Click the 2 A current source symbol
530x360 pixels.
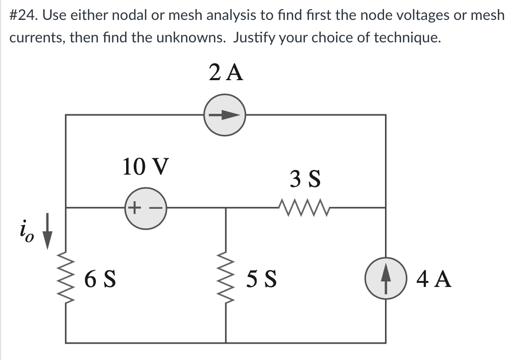point(225,115)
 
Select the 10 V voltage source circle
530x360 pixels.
point(144,207)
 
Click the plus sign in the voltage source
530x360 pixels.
point(134,207)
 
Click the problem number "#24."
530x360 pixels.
point(24,15)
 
